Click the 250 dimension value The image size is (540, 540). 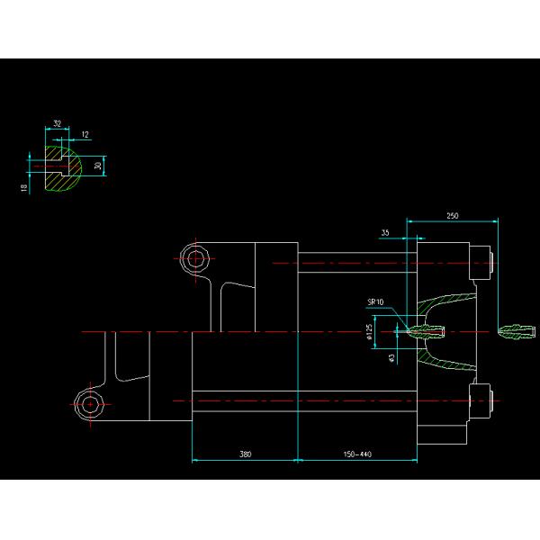pos(452,215)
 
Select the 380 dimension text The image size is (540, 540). pos(245,454)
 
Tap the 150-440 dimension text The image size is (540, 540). pos(357,454)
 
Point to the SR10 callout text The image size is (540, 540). pos(375,302)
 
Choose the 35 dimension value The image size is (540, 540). pos(385,232)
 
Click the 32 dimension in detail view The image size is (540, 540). pos(58,123)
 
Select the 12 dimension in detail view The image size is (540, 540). pos(85,135)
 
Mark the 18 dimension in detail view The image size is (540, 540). pos(24,186)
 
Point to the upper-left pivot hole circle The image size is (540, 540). pos(194,259)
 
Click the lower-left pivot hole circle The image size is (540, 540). pos(90,405)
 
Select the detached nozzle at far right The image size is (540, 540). pos(515,332)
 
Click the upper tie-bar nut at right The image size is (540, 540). pos(484,261)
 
